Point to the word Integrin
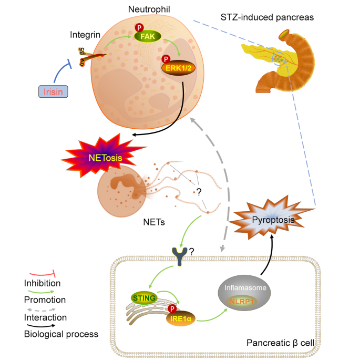point(84,36)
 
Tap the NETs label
point(154,222)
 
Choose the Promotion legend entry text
point(45,300)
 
